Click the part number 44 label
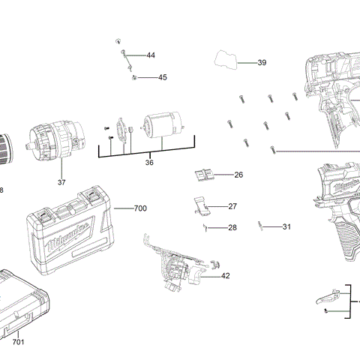[x=151, y=55]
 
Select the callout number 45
[x=162, y=77]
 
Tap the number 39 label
[x=262, y=63]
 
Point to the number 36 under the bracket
[x=149, y=162]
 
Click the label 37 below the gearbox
[x=61, y=182]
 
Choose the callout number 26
[x=238, y=175]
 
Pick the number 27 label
[x=232, y=206]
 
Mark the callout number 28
[x=232, y=227]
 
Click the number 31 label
[x=286, y=226]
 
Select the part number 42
[x=225, y=276]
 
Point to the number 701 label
[x=18, y=342]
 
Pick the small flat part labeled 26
[x=202, y=175]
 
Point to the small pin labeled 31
[x=259, y=224]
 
